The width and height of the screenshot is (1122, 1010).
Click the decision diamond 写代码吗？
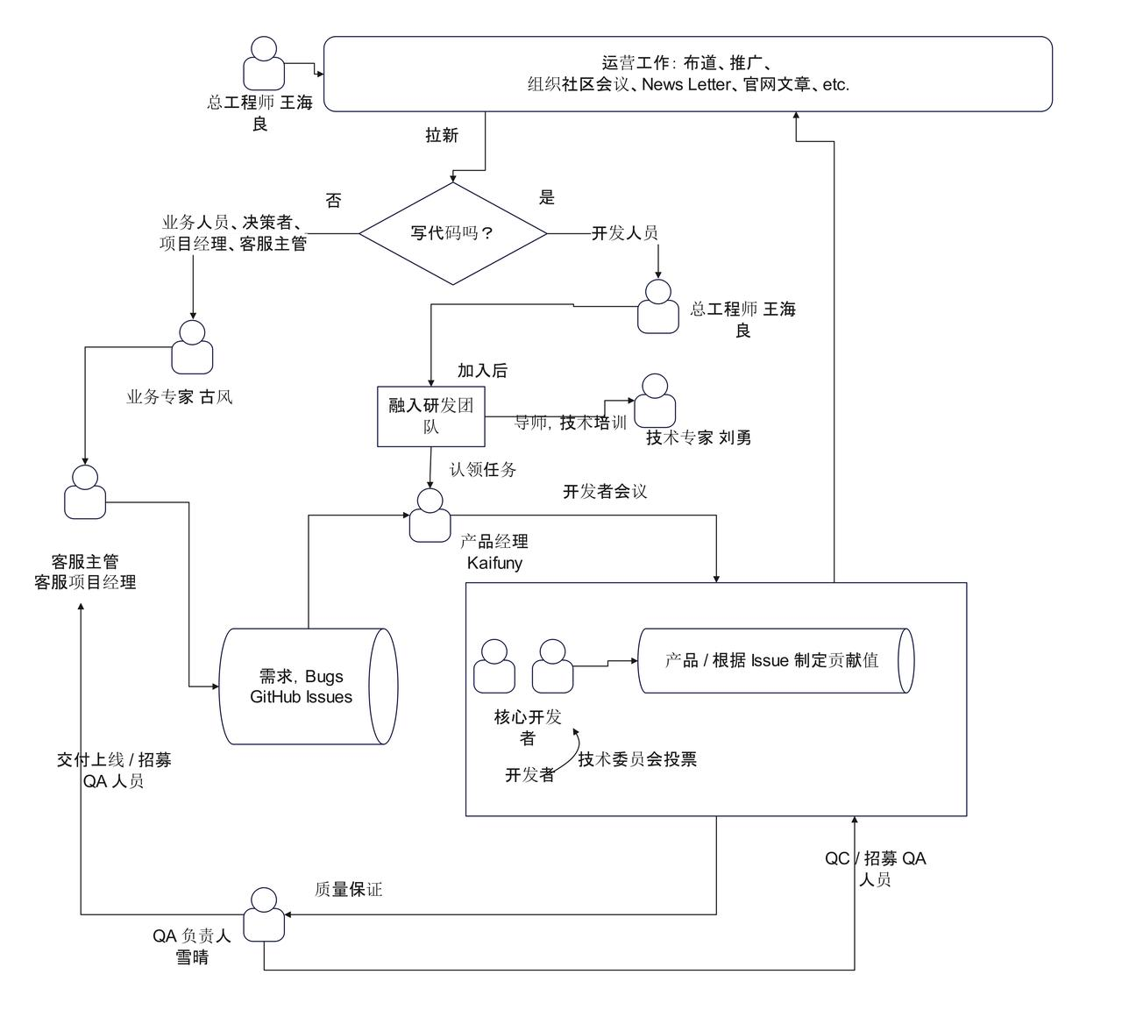[x=452, y=233]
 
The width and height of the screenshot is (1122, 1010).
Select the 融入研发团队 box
[x=430, y=416]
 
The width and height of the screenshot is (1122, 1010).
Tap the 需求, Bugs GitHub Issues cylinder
[x=307, y=686]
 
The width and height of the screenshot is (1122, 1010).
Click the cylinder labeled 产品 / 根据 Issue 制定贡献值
[x=776, y=660]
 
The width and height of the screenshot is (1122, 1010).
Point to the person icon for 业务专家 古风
[x=192, y=348]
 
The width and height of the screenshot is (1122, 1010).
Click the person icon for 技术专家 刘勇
[x=655, y=402]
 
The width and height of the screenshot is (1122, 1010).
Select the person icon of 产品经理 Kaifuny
[x=430, y=516]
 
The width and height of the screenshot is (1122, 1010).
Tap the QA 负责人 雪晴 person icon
[x=264, y=914]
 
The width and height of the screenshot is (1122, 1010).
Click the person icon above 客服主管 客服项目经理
[x=85, y=492]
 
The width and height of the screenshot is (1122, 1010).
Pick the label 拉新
[x=442, y=135]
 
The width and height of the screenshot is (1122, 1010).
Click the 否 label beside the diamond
[x=333, y=201]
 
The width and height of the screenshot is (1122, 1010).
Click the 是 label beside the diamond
[x=547, y=198]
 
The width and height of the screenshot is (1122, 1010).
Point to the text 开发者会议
[x=605, y=492]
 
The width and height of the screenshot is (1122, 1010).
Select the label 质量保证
[x=348, y=890]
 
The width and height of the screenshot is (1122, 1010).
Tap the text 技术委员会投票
[x=637, y=759]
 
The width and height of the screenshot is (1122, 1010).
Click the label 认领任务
[x=483, y=470]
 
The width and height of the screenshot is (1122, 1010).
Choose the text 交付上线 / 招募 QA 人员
[x=114, y=771]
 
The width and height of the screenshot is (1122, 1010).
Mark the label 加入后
[x=482, y=371]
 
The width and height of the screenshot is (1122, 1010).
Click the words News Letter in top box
[x=685, y=85]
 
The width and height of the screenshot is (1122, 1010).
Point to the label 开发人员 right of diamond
[x=624, y=233]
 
